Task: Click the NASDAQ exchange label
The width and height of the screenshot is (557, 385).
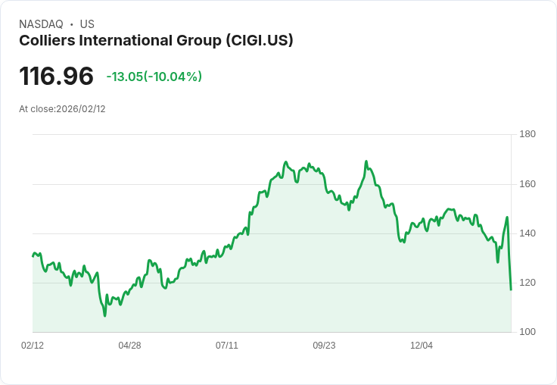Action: click(41, 24)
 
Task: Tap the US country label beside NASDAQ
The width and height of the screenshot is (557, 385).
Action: click(87, 24)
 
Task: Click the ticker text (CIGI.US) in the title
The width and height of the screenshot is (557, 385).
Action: click(259, 41)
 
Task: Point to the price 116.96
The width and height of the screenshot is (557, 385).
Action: click(56, 76)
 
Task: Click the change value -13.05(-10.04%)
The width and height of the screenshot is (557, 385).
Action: click(154, 77)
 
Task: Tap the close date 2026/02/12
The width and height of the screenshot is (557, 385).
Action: click(81, 109)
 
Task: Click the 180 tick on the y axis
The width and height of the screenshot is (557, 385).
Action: click(527, 135)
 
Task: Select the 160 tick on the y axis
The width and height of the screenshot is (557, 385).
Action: click(527, 184)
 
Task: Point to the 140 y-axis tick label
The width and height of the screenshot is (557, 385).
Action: click(527, 233)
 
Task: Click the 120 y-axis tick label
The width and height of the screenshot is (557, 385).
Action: click(527, 283)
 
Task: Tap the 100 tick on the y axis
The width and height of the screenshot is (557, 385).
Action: click(527, 332)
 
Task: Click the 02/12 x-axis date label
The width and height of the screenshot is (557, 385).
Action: click(33, 346)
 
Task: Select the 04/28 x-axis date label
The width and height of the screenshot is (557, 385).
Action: click(129, 346)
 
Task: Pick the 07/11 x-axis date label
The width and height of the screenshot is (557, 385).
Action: click(227, 346)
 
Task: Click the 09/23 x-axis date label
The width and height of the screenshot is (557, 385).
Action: click(324, 346)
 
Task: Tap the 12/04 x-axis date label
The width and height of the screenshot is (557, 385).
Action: click(422, 346)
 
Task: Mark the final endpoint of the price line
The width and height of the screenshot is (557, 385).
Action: click(511, 290)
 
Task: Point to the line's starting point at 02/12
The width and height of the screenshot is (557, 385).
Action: click(33, 255)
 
